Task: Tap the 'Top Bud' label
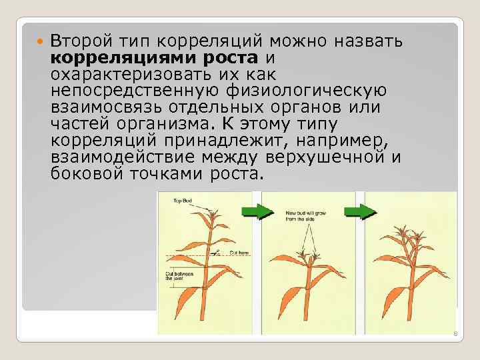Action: [183, 200]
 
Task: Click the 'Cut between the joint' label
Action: [179, 276]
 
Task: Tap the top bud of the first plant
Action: [213, 215]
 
